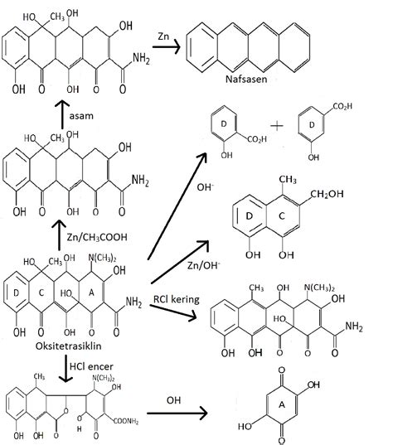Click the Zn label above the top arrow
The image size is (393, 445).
click(x=165, y=37)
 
